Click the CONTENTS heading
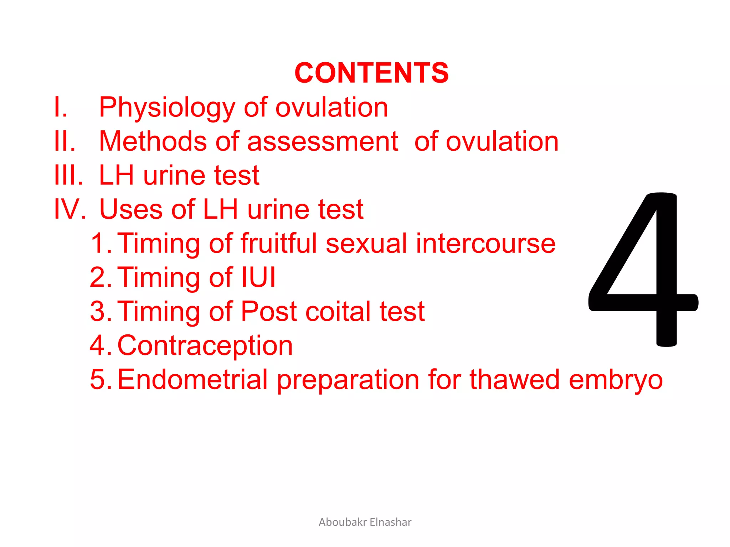pyautogui.click(x=371, y=73)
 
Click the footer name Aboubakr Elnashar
pyautogui.click(x=365, y=522)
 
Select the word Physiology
pyautogui.click(x=167, y=108)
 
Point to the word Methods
pyautogui.click(x=153, y=141)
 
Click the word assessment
pyautogui.click(x=323, y=141)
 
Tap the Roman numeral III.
pyautogui.click(x=68, y=175)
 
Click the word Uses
pyautogui.click(x=130, y=209)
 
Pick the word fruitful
pyautogui.click(x=278, y=243)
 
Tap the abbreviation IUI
pyautogui.click(x=259, y=277)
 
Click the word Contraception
pyautogui.click(x=205, y=345)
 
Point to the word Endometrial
pyautogui.click(x=192, y=379)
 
